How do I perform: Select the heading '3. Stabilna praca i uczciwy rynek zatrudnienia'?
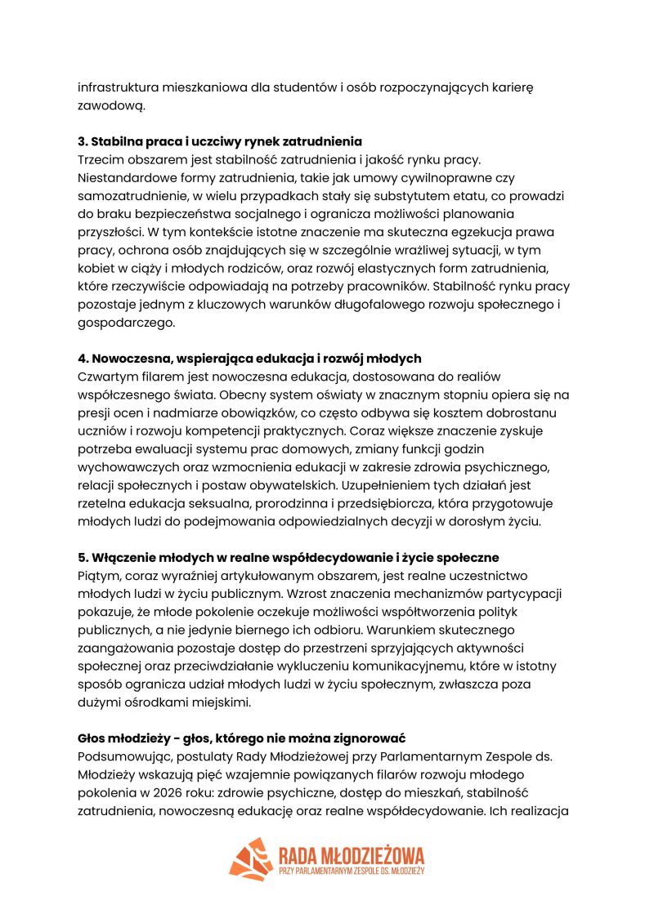coord(220,141)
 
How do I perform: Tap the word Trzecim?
coord(102,159)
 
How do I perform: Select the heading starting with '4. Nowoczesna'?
coord(249,358)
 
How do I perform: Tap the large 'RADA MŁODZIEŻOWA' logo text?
coord(351,854)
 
